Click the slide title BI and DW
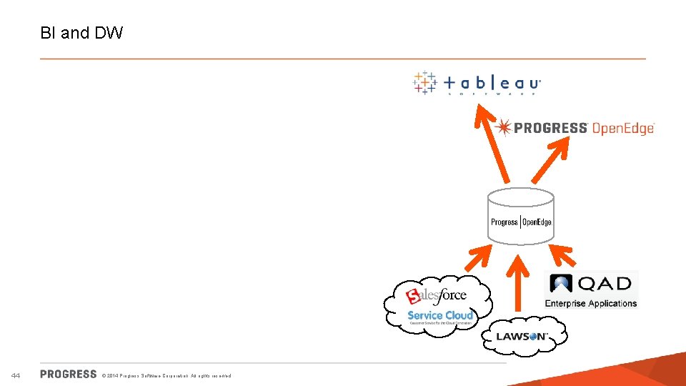(82, 33)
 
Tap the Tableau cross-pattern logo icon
(424, 82)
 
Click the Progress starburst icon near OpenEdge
(503, 128)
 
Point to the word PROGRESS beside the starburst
(550, 129)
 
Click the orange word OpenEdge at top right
(622, 129)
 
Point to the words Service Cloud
(440, 315)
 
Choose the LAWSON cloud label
(522, 336)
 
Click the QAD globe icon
(562, 284)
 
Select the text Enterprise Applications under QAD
(590, 304)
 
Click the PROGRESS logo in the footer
(69, 374)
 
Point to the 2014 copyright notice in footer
(166, 375)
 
